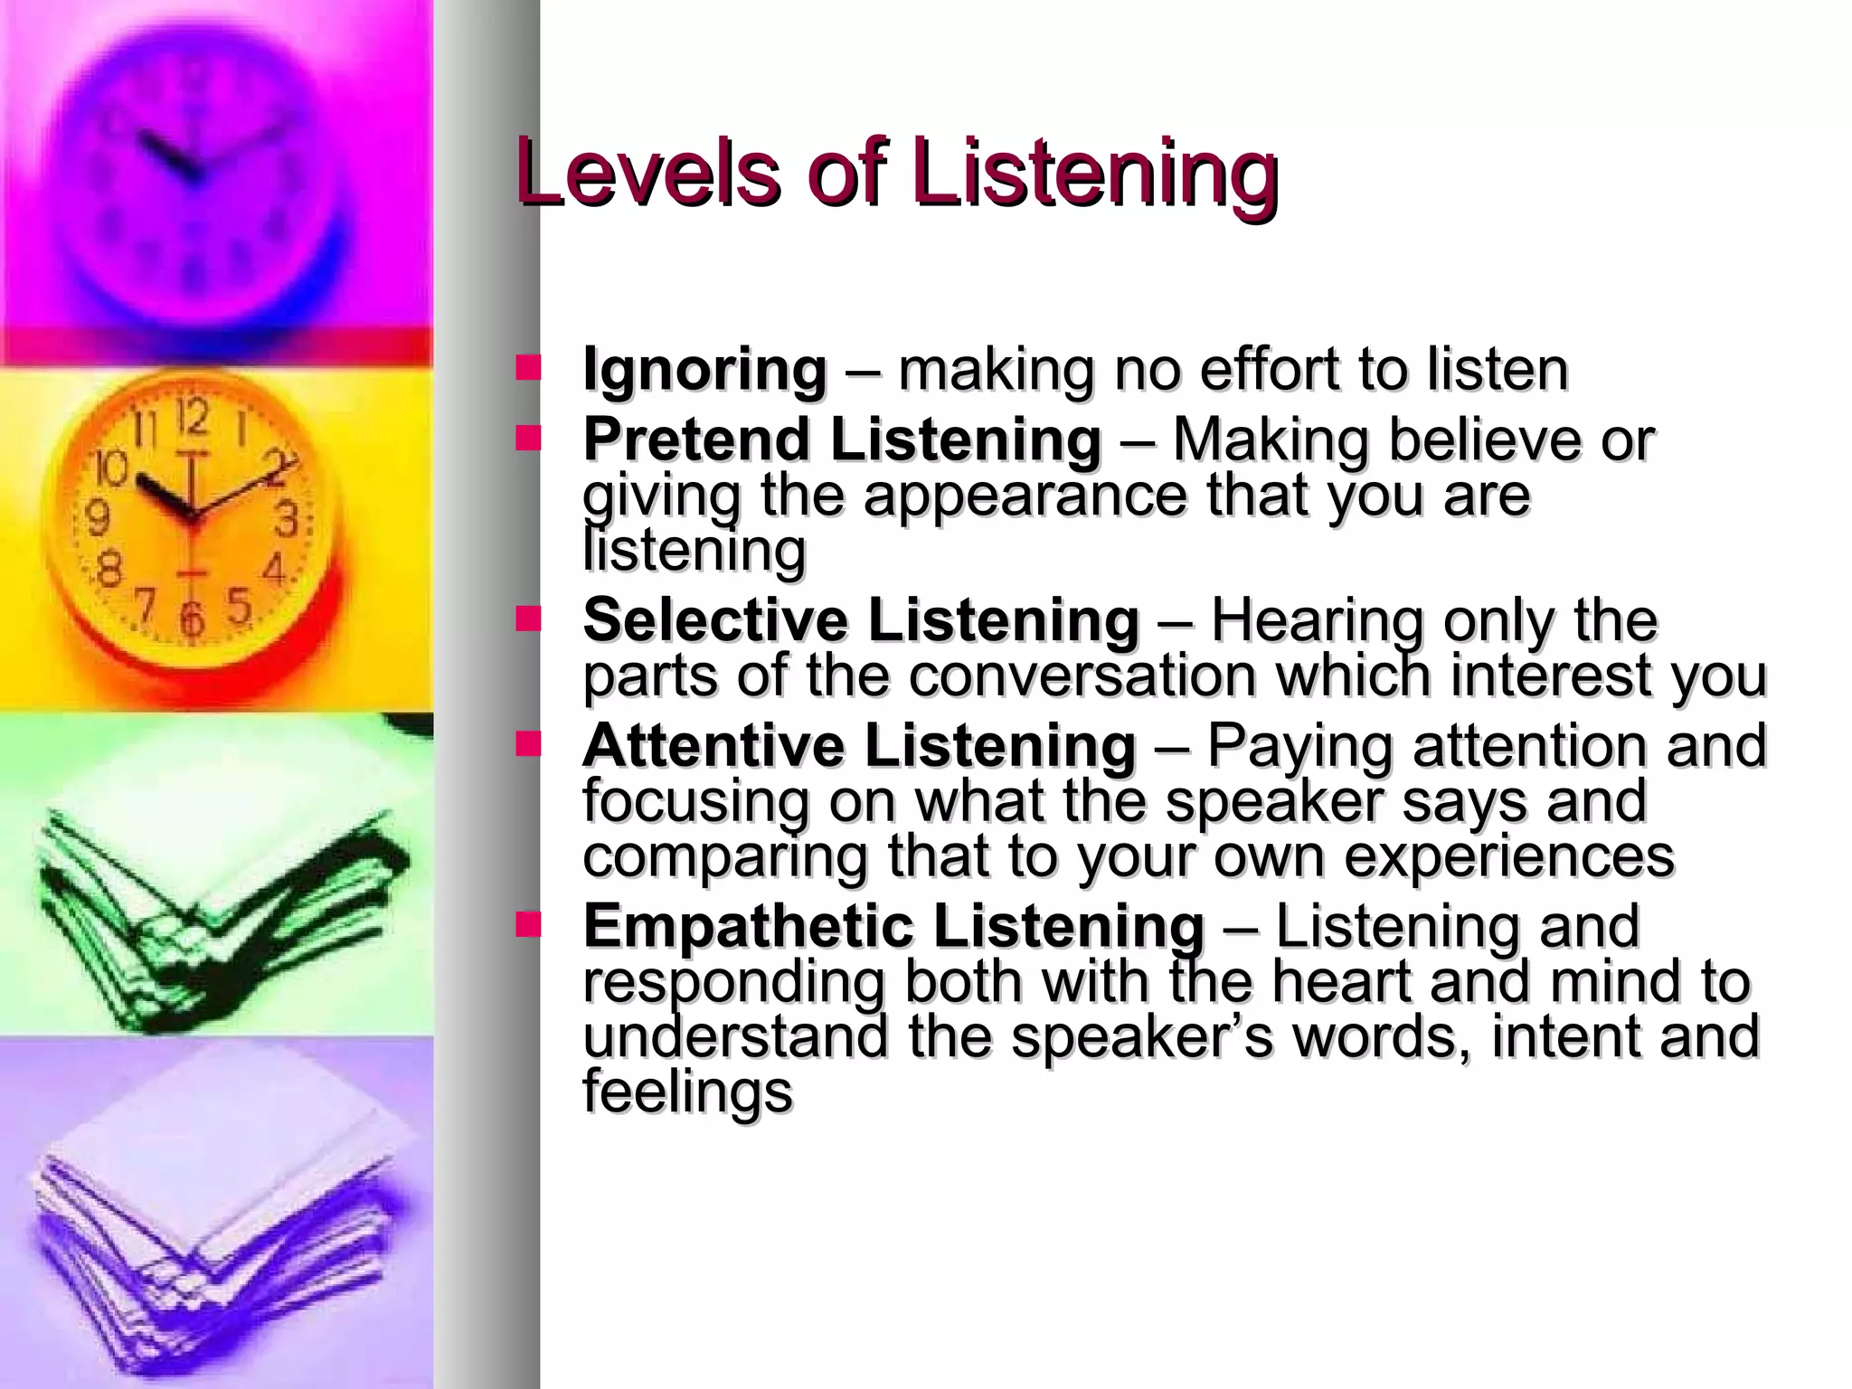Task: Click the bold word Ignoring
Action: point(704,370)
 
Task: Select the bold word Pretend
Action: point(695,439)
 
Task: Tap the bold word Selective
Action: point(715,620)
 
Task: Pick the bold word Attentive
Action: point(713,746)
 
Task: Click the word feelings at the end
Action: point(687,1091)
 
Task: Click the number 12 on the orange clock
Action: point(193,419)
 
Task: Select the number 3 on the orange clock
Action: point(286,520)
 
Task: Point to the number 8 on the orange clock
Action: point(109,571)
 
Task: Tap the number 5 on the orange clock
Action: point(239,605)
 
